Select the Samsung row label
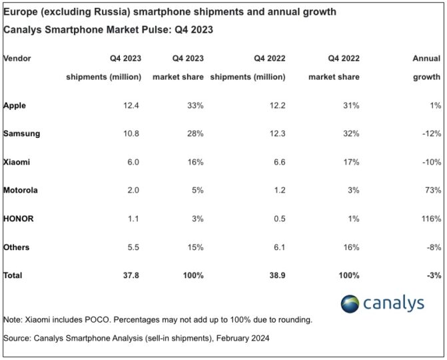coord(22,133)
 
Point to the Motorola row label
coord(21,190)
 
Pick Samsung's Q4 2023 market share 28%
coord(194,133)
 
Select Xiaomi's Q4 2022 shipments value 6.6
coord(278,162)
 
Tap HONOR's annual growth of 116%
coord(430,219)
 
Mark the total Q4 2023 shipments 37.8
coord(131,275)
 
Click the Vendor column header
coord(17,59)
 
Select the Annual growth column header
coord(426,67)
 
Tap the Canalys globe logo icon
coord(351,303)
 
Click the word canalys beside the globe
coord(394,303)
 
